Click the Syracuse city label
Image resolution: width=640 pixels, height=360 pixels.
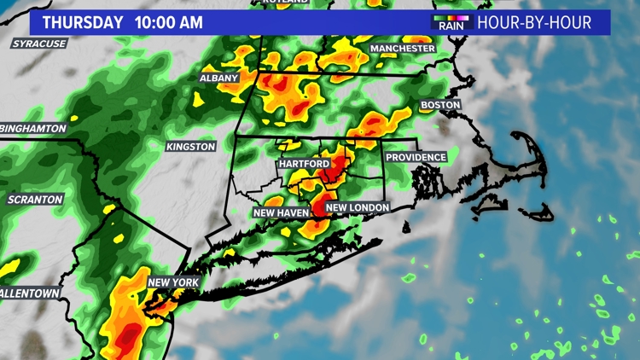[x=38, y=44]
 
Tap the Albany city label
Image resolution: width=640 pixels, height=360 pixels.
[x=218, y=78]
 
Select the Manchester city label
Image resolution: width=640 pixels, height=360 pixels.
[x=403, y=49]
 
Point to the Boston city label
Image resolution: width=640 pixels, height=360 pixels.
[x=440, y=105]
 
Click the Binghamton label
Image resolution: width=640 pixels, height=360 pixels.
[x=34, y=128]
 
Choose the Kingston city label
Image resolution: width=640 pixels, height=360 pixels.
[x=191, y=147]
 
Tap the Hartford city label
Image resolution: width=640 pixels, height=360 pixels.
[x=304, y=163]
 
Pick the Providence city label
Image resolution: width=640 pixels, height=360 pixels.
[x=416, y=158]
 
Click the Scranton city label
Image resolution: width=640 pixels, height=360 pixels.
[x=35, y=199]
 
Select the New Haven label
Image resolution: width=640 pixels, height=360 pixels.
[x=281, y=212]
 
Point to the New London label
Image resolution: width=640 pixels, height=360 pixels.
[x=358, y=207]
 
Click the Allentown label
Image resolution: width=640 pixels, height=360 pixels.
[x=31, y=293]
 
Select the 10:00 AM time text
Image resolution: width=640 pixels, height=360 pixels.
[x=169, y=23]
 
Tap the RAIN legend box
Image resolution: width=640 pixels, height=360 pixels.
[x=451, y=22]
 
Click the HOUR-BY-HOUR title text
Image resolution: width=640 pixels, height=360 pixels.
[x=534, y=23]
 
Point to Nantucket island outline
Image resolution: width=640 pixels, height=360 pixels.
[x=535, y=211]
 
